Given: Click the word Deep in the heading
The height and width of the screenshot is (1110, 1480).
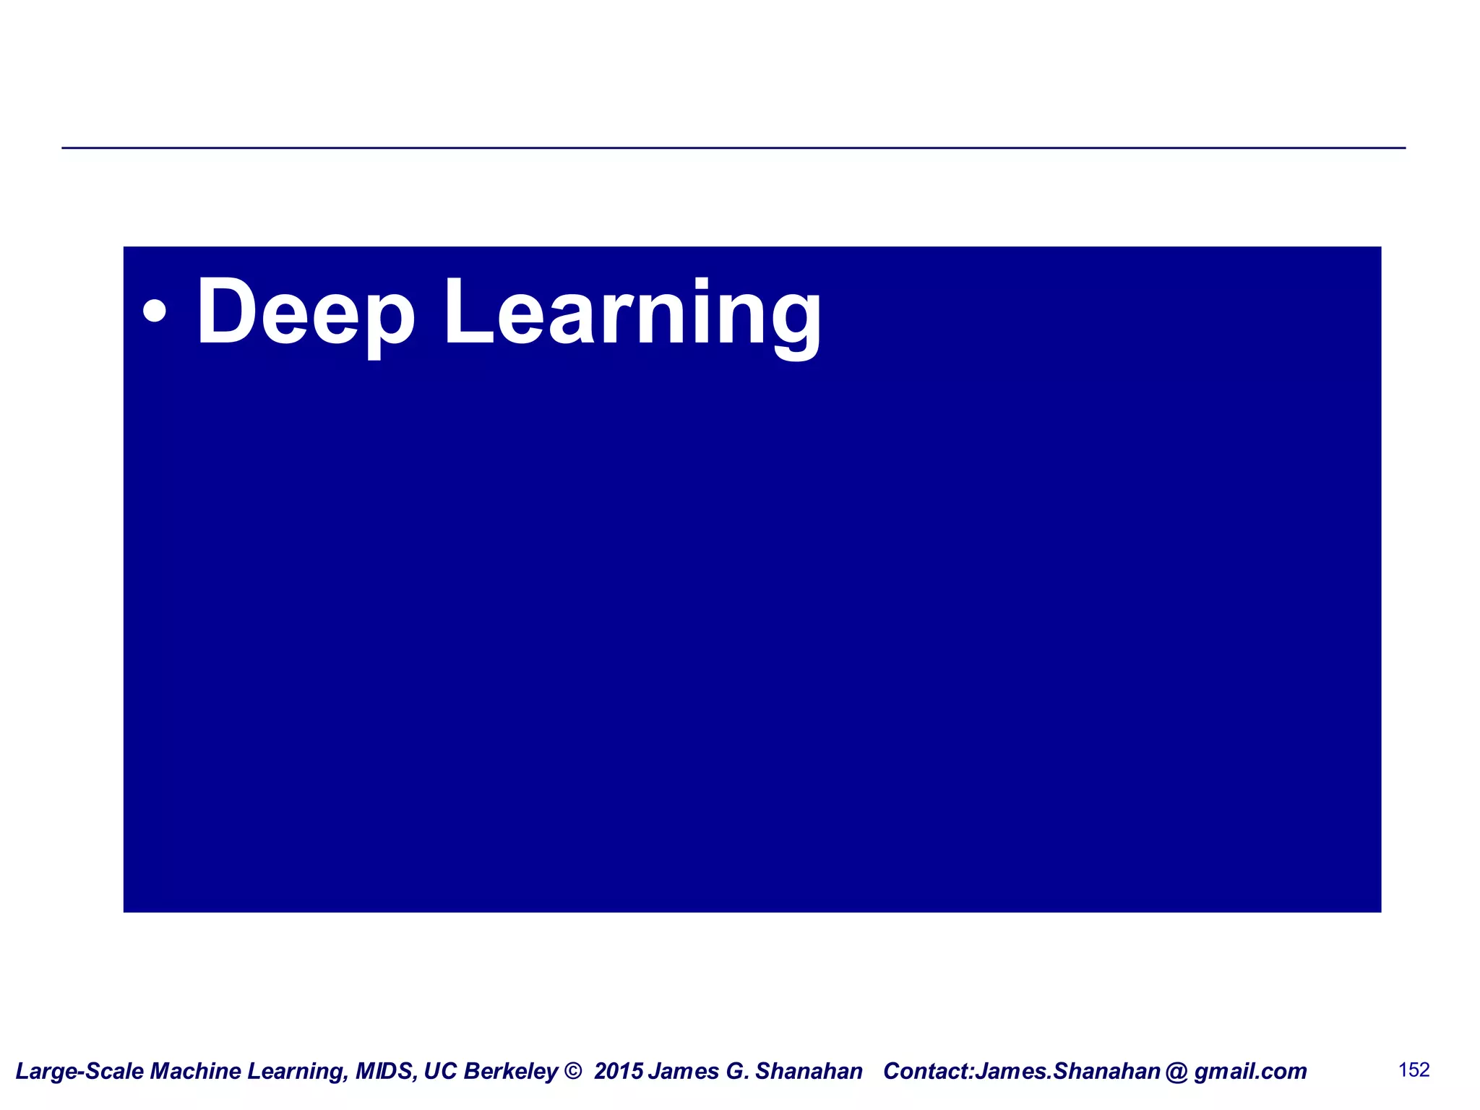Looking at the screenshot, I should click(x=305, y=312).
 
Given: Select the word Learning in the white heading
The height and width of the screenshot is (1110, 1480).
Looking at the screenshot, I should click(x=632, y=312).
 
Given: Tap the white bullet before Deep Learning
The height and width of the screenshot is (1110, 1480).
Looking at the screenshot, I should click(x=155, y=311).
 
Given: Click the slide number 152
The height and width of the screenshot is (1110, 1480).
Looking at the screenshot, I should click(x=1414, y=1070).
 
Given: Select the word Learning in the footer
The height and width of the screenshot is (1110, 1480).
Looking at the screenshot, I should click(x=296, y=1071).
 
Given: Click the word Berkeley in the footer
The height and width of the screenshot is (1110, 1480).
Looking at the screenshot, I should click(x=510, y=1071).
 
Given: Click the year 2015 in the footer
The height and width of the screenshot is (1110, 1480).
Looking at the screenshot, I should click(x=619, y=1071).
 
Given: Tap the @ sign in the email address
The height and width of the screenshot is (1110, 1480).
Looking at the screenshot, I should click(x=1176, y=1071).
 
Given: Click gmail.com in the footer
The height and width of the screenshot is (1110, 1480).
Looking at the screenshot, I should click(x=1250, y=1071).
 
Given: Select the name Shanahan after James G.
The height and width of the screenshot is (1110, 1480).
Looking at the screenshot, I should click(x=809, y=1071).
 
